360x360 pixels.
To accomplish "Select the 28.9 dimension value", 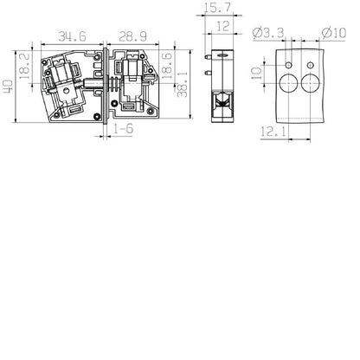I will (132, 37).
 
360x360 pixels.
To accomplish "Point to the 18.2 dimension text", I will (25, 65).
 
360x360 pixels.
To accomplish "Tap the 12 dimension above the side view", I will (222, 27).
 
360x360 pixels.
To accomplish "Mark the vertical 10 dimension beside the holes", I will (256, 75).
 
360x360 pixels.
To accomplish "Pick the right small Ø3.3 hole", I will (311, 64).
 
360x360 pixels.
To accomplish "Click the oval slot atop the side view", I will (222, 54).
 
